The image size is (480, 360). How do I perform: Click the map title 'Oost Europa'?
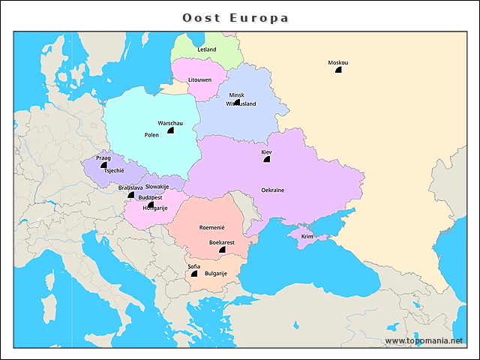tap(236, 17)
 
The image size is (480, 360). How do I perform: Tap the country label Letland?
tap(206, 49)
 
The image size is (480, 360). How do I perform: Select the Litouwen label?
tap(199, 79)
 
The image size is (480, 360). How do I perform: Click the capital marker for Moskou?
tap(338, 69)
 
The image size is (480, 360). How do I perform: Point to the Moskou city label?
tap(337, 62)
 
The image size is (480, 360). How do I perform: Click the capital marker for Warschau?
tap(170, 130)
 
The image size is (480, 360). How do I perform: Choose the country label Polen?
tap(151, 135)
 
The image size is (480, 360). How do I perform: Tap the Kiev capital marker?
tap(266, 159)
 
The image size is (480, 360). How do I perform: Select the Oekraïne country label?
tap(272, 190)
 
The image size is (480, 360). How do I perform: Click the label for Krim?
tap(307, 236)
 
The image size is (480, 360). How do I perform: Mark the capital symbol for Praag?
tap(103, 165)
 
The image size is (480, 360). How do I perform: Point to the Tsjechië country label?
tap(113, 171)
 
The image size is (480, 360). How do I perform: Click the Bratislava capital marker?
tap(131, 194)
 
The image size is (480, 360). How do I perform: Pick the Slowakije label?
tap(157, 186)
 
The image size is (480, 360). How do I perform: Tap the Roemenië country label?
tap(211, 226)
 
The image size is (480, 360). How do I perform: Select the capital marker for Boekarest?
tap(222, 249)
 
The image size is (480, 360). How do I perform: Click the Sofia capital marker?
tap(194, 274)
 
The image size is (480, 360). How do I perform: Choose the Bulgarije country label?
tap(215, 274)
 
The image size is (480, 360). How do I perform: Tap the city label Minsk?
tap(236, 95)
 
